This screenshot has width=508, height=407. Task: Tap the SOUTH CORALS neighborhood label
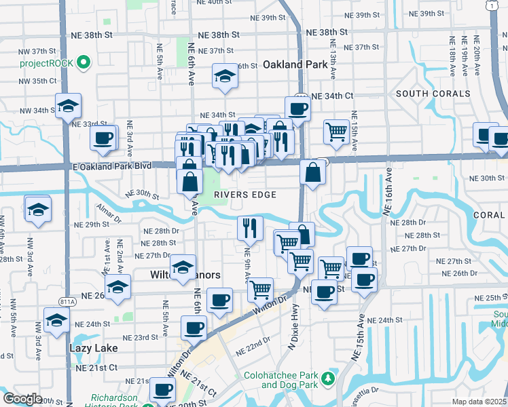click(x=433, y=94)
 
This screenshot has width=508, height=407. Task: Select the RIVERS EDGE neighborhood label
click(x=245, y=195)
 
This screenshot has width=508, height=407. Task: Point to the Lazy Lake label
click(x=93, y=348)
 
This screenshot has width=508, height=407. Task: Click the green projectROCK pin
click(x=84, y=64)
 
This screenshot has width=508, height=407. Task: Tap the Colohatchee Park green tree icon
click(x=329, y=377)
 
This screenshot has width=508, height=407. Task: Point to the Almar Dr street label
click(x=108, y=213)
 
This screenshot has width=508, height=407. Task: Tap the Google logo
click(x=22, y=399)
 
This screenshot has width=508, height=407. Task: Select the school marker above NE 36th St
click(x=223, y=78)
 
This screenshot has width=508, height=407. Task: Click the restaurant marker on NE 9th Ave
click(x=251, y=229)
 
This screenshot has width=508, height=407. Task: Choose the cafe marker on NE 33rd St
click(x=103, y=138)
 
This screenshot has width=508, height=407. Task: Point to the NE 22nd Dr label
click(x=253, y=346)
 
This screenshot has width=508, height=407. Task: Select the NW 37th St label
click(x=37, y=52)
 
